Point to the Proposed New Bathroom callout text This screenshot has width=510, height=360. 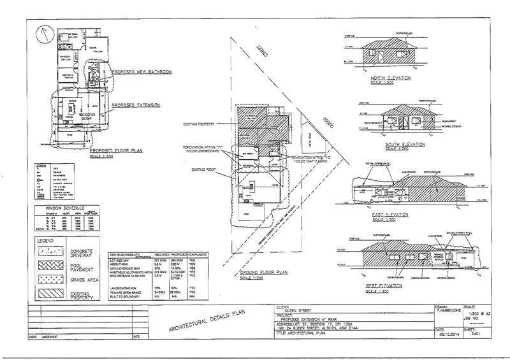pos(142,72)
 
